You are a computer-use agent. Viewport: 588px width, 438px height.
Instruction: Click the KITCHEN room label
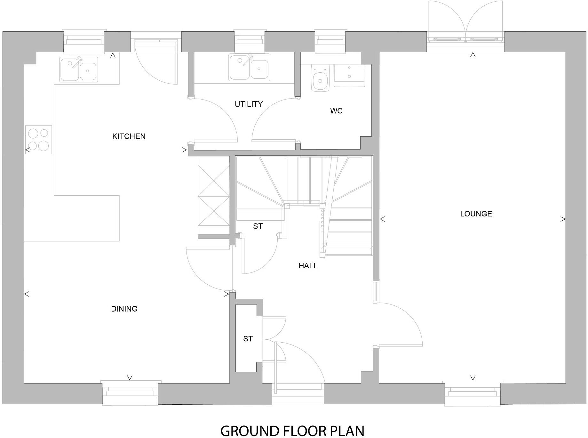pyautogui.click(x=129, y=136)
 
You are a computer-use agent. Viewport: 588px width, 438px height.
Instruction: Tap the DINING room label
pyautogui.click(x=124, y=309)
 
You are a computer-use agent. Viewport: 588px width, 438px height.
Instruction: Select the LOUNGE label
pyautogui.click(x=476, y=214)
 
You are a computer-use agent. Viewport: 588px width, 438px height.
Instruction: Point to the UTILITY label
pyautogui.click(x=249, y=104)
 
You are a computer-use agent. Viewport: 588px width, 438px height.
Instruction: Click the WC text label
pyautogui.click(x=336, y=111)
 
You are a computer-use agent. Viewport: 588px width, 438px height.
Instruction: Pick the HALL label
pyautogui.click(x=308, y=266)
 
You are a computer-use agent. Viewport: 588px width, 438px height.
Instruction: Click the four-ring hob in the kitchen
pyautogui.click(x=38, y=140)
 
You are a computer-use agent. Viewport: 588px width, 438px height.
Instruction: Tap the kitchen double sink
pyautogui.click(x=79, y=69)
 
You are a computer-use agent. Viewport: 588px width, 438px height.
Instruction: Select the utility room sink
pyautogui.click(x=249, y=68)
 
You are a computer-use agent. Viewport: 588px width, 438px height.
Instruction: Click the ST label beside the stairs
pyautogui.click(x=258, y=226)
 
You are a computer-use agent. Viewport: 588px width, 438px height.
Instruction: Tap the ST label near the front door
pyautogui.click(x=248, y=339)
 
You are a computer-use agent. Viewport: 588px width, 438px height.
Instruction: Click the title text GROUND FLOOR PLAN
pyautogui.click(x=292, y=431)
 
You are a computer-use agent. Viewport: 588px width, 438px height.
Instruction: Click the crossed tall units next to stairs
pyautogui.click(x=214, y=195)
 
